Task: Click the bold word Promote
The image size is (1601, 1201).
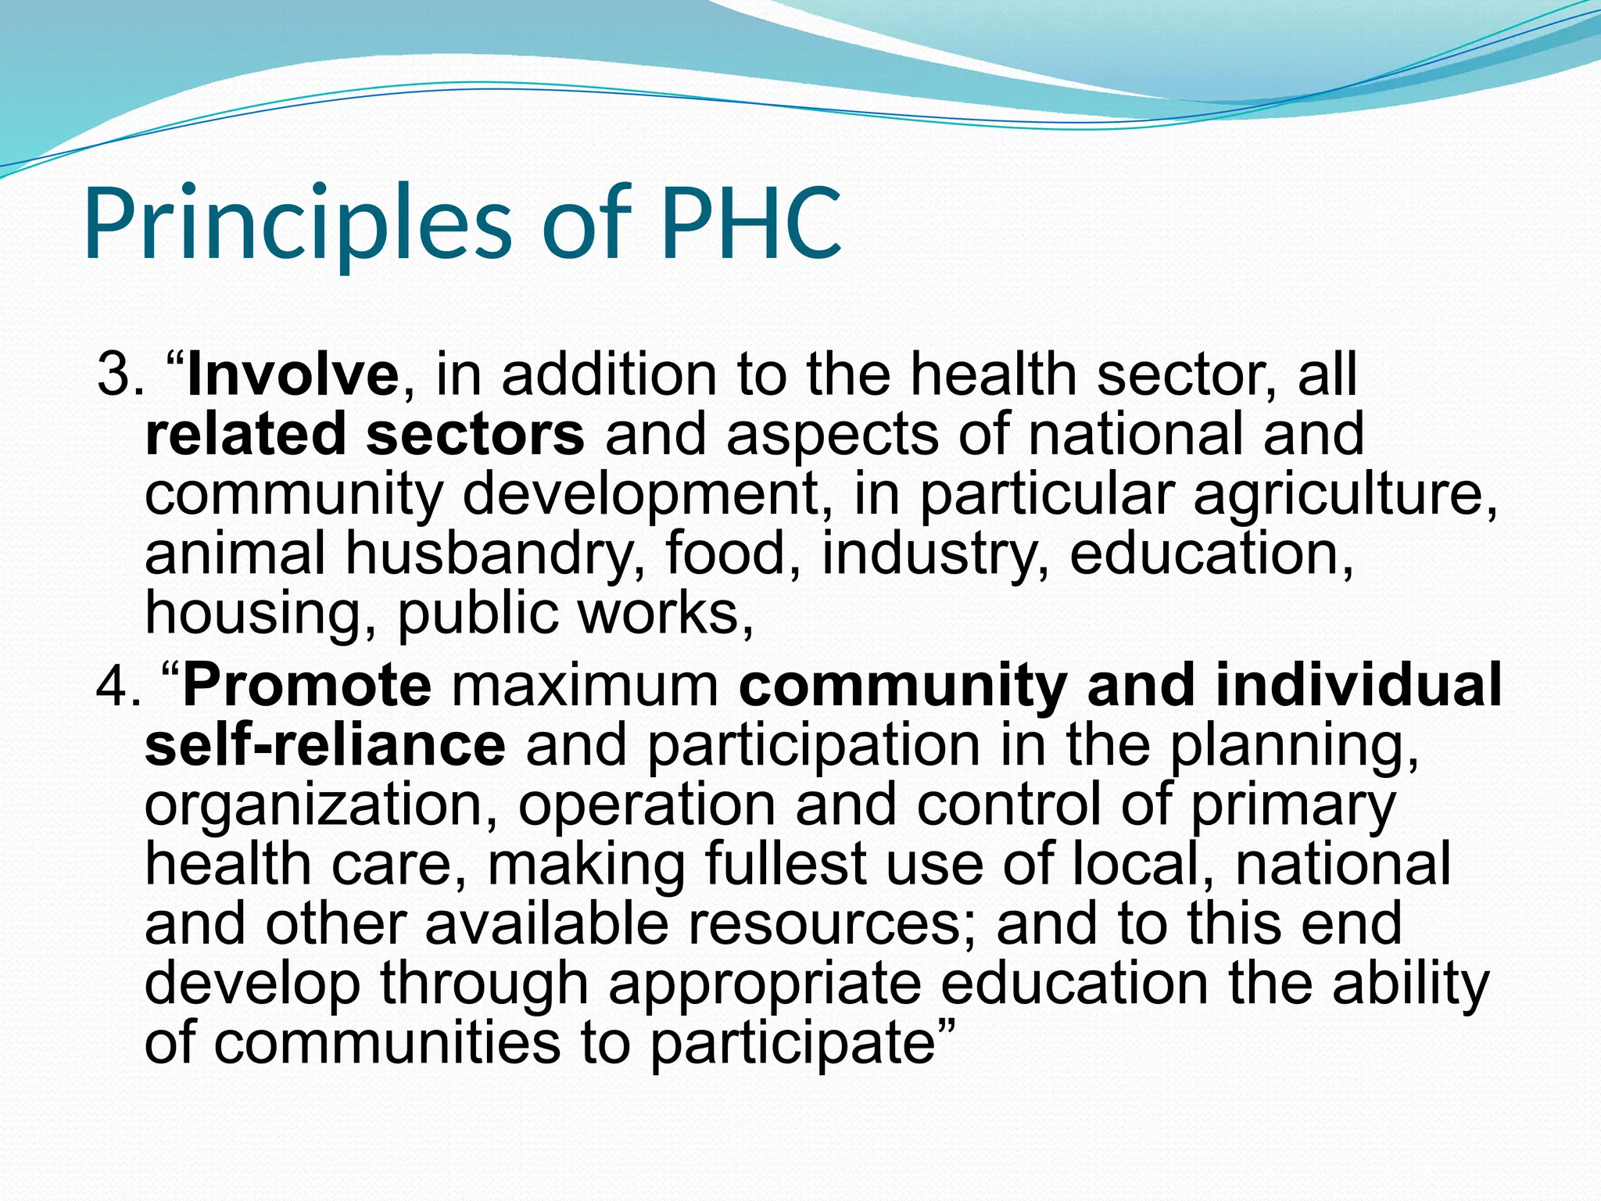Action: coord(306,686)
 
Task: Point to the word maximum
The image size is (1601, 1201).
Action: coord(585,686)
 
